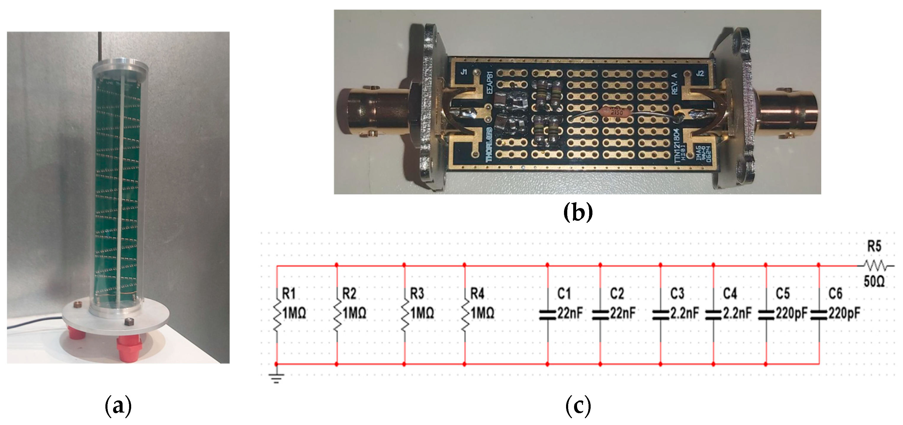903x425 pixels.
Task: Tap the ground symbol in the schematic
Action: click(276, 378)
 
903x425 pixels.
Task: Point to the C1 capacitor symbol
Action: click(547, 315)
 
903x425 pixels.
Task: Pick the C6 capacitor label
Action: click(835, 294)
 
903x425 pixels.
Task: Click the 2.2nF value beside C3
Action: click(685, 313)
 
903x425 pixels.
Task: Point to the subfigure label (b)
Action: click(578, 212)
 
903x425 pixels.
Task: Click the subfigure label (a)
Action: click(118, 406)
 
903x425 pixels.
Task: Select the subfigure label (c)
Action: click(578, 406)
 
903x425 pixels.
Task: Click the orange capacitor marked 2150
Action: click(616, 112)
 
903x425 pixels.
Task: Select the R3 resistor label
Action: click(417, 294)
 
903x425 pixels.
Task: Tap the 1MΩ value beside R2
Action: click(354, 313)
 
